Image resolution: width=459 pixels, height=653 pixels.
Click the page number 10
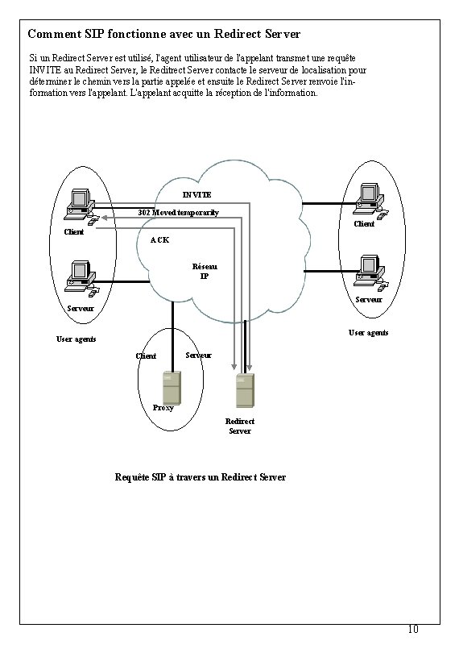412,629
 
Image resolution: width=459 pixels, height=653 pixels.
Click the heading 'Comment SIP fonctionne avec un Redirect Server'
163,35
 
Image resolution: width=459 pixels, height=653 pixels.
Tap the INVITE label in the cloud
196,195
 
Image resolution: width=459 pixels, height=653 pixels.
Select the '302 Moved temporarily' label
178,212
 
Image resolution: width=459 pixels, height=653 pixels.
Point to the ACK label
159,240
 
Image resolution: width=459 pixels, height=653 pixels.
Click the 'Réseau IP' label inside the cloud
205,272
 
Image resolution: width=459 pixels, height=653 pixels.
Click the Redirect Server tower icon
245,391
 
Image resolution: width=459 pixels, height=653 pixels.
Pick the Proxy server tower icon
172,388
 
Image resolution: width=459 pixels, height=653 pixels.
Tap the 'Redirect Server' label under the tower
240,426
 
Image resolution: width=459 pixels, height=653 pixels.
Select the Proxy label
163,407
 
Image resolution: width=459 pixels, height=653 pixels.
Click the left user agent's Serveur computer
81,277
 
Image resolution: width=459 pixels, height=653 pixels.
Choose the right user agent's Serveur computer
369,269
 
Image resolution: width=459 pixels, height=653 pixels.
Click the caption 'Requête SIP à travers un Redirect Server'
201,477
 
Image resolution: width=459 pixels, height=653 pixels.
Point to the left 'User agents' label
76,339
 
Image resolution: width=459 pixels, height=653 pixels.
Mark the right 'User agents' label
368,332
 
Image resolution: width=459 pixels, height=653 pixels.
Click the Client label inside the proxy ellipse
147,356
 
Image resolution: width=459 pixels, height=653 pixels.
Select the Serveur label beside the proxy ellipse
198,355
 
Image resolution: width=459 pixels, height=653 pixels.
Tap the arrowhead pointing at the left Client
102,218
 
